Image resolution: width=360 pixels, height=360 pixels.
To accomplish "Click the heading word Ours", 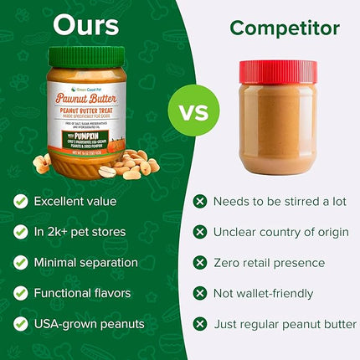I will tap(86, 25).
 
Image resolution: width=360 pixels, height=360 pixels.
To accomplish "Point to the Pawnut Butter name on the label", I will tap(85, 98).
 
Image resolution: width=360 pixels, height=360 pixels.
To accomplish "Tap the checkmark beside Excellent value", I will tap(20, 201).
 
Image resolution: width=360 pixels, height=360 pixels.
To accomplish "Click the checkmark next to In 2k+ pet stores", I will tap(20, 232).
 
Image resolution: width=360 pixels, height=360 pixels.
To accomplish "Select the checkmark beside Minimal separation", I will tap(20, 262).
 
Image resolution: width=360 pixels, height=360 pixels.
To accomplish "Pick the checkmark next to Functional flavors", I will tap(20, 293).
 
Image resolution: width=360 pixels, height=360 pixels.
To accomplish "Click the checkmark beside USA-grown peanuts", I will tap(20, 324).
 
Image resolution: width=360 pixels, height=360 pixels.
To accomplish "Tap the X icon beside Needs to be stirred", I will tap(200, 201).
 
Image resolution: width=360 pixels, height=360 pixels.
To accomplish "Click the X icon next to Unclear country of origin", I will tap(200, 232).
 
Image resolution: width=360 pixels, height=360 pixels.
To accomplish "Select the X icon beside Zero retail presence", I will tap(200, 262).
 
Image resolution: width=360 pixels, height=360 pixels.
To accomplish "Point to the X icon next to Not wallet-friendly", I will tap(200, 293).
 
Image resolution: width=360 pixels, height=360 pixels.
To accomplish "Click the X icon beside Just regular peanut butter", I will tap(200, 324).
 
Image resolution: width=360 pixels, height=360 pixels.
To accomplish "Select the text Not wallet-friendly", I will tap(264, 293).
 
